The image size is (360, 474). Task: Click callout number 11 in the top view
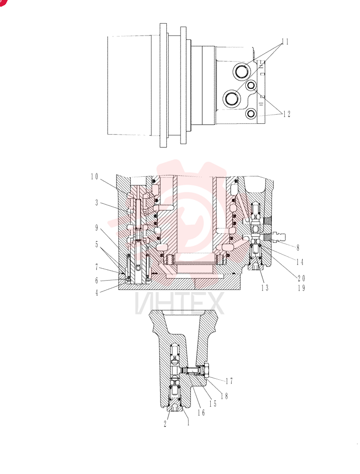pyautogui.click(x=285, y=42)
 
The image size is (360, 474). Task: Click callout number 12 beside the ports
pyautogui.click(x=286, y=114)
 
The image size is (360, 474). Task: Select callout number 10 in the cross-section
pyautogui.click(x=95, y=176)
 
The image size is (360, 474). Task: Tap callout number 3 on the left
pyautogui.click(x=97, y=202)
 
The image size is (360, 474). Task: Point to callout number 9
pyautogui.click(x=97, y=228)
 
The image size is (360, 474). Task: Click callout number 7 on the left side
pyautogui.click(x=97, y=267)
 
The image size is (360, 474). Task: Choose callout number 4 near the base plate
pyautogui.click(x=97, y=292)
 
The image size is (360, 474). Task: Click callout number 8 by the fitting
pyautogui.click(x=298, y=248)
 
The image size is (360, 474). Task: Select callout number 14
pyautogui.click(x=299, y=262)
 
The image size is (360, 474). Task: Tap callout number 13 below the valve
pyautogui.click(x=265, y=288)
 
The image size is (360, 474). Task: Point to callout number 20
pyautogui.click(x=301, y=278)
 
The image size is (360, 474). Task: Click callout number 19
pyautogui.click(x=301, y=288)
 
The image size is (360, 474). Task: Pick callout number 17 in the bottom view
pyautogui.click(x=230, y=381)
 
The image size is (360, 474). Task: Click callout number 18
pyautogui.click(x=224, y=396)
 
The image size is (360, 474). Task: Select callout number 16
pyautogui.click(x=201, y=412)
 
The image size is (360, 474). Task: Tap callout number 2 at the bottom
pyautogui.click(x=165, y=424)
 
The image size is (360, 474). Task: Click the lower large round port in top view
pyautogui.click(x=232, y=98)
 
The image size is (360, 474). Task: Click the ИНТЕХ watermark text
pyautogui.click(x=180, y=303)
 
